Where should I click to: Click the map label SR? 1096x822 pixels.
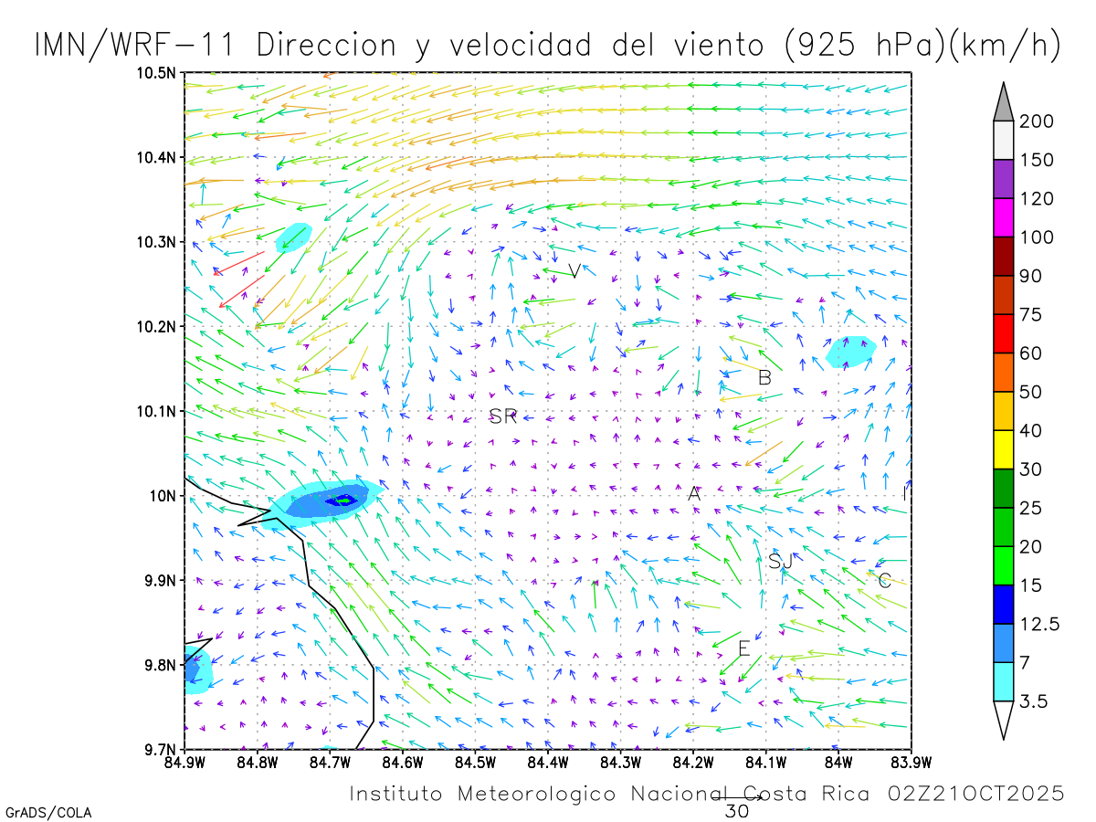coord(503,417)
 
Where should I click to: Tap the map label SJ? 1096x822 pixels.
coord(780,562)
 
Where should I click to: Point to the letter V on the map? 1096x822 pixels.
coord(574,271)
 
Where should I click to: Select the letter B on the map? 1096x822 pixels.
coord(764,377)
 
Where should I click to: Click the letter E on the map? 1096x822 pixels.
coord(743,648)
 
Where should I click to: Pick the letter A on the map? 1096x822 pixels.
coord(694,494)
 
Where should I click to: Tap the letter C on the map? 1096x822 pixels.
coord(884,580)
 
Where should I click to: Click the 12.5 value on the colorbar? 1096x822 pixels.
coord(1040,624)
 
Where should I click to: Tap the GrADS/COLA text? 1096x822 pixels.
coord(47,812)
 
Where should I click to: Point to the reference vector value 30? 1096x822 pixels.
coord(736,811)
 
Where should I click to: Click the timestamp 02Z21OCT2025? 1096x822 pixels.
coord(975,794)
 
